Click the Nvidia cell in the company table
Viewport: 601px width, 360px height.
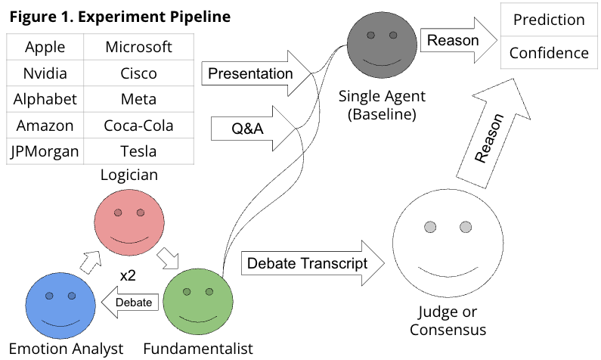click(44, 73)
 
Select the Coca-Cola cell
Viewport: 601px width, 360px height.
click(138, 126)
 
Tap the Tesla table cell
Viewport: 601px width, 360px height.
click(138, 151)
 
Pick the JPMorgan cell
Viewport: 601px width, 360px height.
click(44, 151)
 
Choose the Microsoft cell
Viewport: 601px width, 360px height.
click(138, 47)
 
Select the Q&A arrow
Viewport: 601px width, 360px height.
click(246, 129)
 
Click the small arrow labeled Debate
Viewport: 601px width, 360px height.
click(134, 303)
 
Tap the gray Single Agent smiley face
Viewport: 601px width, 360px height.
click(382, 46)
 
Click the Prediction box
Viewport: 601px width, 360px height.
click(549, 20)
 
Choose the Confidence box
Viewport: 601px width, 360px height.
click(549, 53)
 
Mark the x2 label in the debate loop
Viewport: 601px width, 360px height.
click(128, 276)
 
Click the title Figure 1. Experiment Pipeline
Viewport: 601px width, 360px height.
click(119, 16)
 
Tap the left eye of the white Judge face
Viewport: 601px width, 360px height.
click(430, 227)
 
